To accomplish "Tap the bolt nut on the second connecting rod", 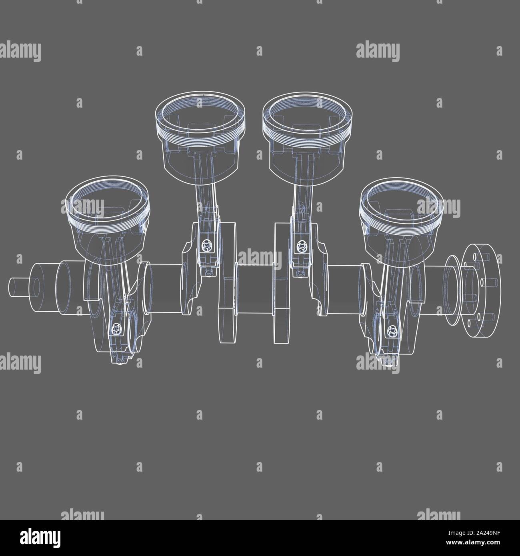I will point(206,244).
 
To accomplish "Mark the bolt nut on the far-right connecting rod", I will point(391,330).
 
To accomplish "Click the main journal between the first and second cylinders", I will point(164,286).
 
